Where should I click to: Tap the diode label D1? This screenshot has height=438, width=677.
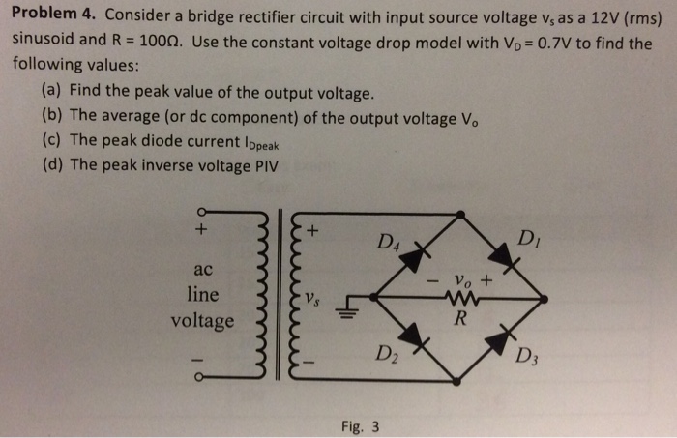click(x=531, y=239)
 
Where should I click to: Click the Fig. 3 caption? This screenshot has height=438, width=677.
click(x=360, y=424)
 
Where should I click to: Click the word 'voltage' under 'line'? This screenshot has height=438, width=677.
click(x=202, y=320)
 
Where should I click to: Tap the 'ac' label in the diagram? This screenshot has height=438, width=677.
click(x=202, y=267)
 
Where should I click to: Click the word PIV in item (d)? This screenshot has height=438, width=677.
click(x=262, y=164)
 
